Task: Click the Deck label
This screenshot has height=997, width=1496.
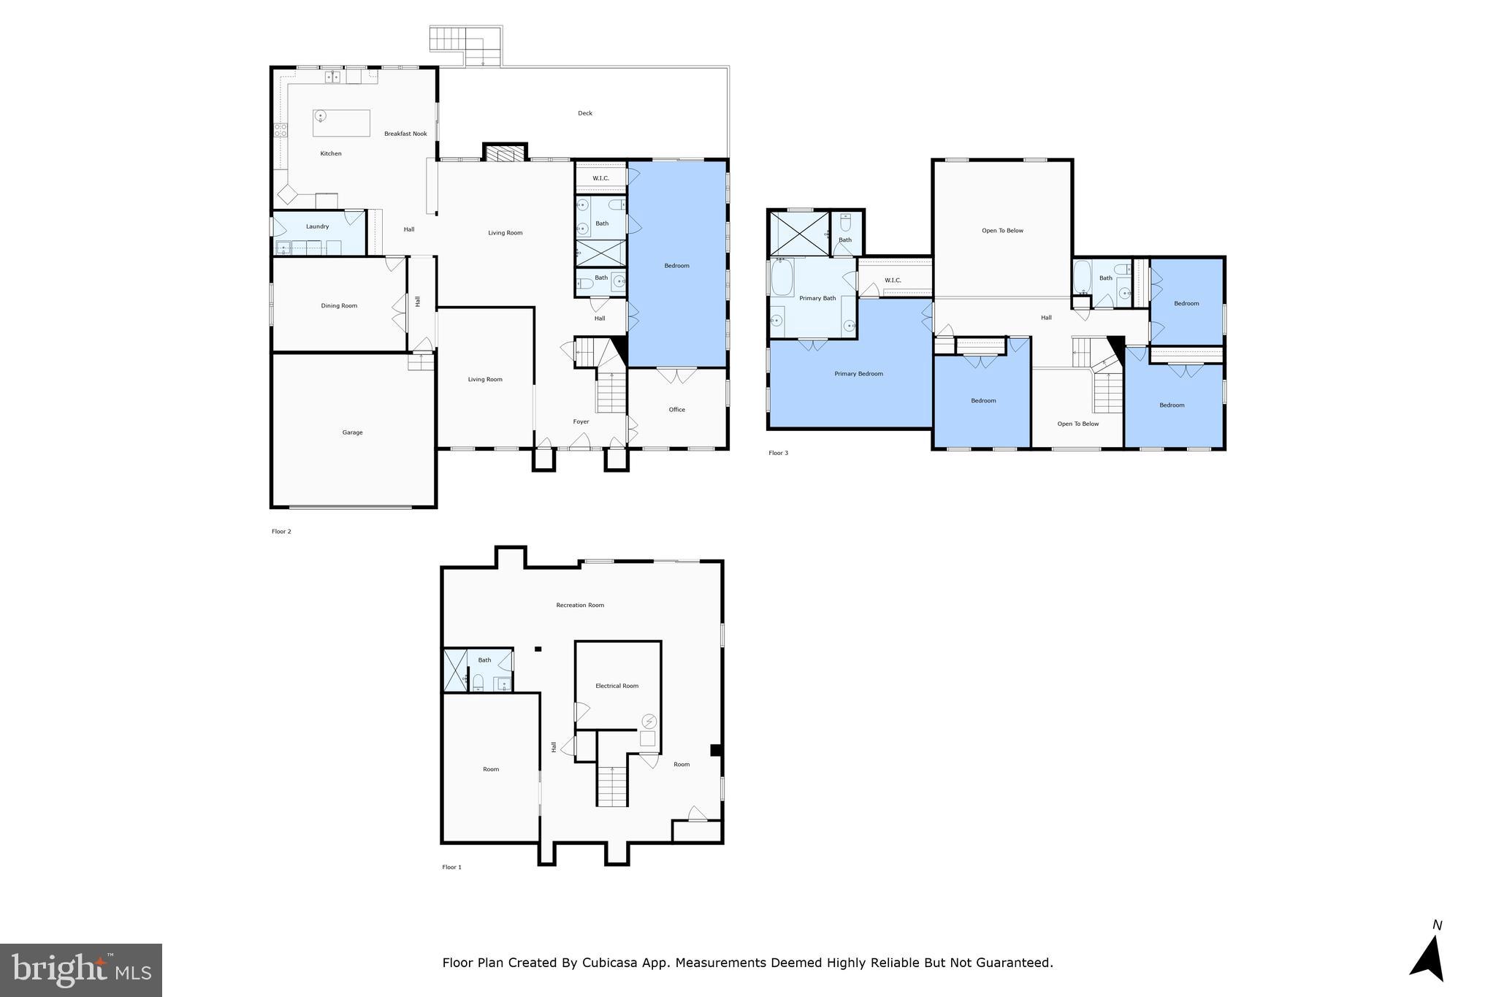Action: pos(585,113)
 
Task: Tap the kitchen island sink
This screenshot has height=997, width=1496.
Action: pos(321,116)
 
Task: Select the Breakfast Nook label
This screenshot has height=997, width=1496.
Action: pos(405,134)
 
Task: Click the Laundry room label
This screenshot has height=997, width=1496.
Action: pos(317,226)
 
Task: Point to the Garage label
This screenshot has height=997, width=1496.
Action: pos(352,432)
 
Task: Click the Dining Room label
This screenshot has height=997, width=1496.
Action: pos(339,305)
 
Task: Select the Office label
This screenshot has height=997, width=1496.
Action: pos(676,410)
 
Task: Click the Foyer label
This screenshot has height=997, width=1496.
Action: pos(581,421)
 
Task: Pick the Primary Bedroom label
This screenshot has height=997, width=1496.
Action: pos(858,374)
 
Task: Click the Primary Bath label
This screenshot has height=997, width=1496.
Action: pos(817,298)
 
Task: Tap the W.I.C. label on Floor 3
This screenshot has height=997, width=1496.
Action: pos(893,280)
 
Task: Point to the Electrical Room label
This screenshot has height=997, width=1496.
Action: pos(617,686)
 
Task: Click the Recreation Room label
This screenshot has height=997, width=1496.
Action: pos(580,605)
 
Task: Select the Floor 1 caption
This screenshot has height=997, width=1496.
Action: pos(451,867)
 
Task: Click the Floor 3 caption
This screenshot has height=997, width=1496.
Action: pos(778,453)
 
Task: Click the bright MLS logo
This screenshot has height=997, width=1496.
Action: pos(81,970)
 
